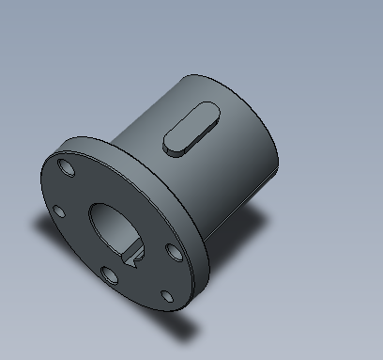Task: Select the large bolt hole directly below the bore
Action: coord(109,274)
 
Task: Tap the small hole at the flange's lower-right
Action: coord(166,297)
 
